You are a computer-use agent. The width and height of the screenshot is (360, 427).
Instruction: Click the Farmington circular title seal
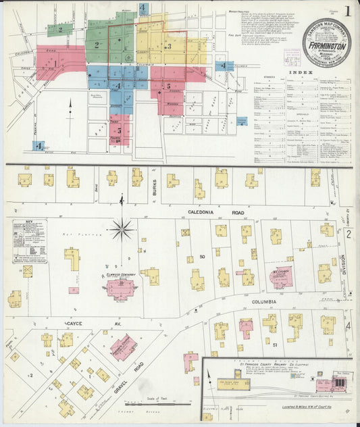(x=326, y=42)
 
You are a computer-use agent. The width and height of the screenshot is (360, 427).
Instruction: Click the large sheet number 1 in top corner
(x=347, y=11)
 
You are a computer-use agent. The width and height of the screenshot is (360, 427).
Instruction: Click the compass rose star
(x=122, y=229)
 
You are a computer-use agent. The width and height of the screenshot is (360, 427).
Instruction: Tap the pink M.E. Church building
(x=281, y=277)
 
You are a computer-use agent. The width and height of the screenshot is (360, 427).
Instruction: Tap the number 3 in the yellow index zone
(x=168, y=46)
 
